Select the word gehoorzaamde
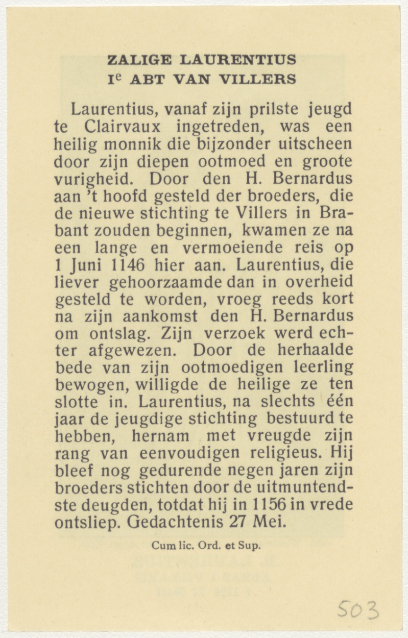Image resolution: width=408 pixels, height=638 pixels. (x=167, y=282)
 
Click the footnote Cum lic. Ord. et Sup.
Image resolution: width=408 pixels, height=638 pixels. (x=206, y=546)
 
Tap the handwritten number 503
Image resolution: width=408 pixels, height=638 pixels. (x=359, y=609)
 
